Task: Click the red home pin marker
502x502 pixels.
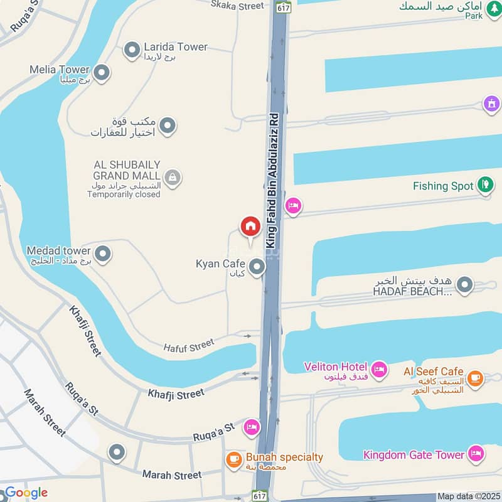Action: (x=250, y=227)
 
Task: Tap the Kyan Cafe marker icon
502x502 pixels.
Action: (x=256, y=268)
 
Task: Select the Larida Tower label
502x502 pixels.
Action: (x=176, y=47)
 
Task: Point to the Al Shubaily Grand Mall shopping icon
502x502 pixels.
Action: (x=173, y=178)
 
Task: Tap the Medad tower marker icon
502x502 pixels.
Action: (x=103, y=254)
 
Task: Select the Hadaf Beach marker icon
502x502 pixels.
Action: (x=464, y=286)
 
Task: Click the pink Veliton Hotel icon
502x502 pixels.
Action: (x=378, y=370)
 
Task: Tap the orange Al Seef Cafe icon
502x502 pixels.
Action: (x=475, y=377)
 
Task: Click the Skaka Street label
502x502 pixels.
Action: (x=237, y=6)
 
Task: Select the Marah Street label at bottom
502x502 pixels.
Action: (x=172, y=475)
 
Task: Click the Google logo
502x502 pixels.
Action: (x=26, y=493)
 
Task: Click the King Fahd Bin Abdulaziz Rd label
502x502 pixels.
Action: (x=272, y=179)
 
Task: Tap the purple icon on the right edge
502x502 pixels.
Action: (x=491, y=103)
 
